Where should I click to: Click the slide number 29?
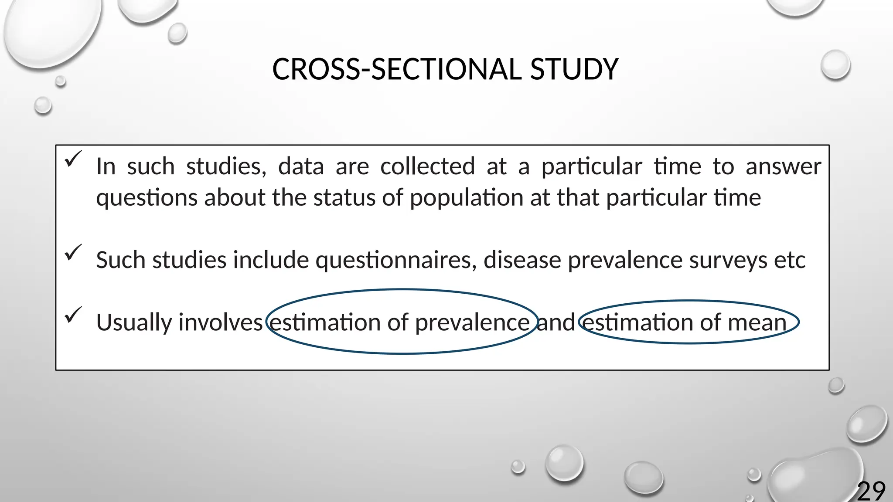pyautogui.click(x=871, y=491)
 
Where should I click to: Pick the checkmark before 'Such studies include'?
pyautogui.click(x=73, y=252)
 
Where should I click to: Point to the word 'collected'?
pyautogui.click(x=427, y=166)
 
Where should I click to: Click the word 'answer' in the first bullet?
pyautogui.click(x=783, y=166)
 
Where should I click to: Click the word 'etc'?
pyautogui.click(x=789, y=260)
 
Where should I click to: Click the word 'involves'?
pyautogui.click(x=221, y=322)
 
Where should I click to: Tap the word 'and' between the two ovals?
pyautogui.click(x=556, y=322)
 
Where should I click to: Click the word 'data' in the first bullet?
pyautogui.click(x=301, y=166)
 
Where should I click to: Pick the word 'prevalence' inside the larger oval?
pyautogui.click(x=472, y=323)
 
